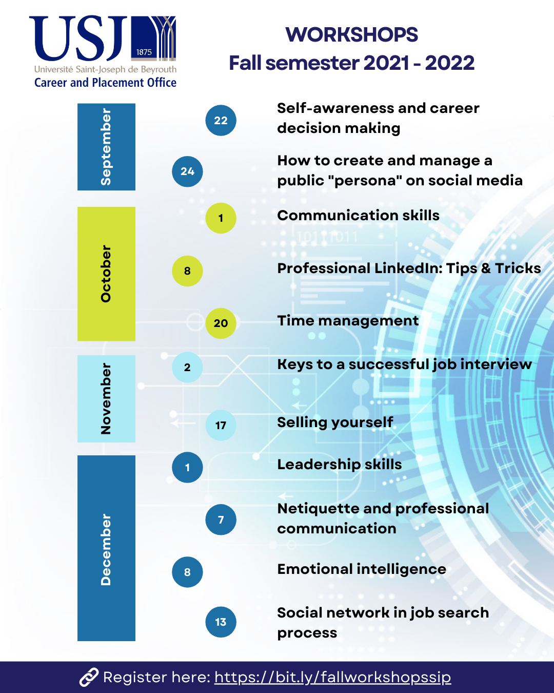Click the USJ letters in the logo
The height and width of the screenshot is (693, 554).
click(x=78, y=38)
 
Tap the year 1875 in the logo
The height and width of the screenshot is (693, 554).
click(x=144, y=52)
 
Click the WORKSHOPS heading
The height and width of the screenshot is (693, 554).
click(x=351, y=34)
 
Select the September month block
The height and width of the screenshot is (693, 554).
click(x=106, y=147)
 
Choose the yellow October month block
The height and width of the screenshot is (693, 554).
click(x=106, y=274)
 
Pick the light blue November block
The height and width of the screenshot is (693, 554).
click(x=106, y=399)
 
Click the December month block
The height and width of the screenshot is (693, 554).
click(x=106, y=548)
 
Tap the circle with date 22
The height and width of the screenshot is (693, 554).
click(x=221, y=121)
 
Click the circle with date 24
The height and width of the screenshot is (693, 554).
click(x=187, y=171)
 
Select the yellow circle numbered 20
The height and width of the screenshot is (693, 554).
click(x=221, y=323)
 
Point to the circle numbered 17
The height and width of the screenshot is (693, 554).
click(x=221, y=426)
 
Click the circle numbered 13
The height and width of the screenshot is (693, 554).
click(x=221, y=622)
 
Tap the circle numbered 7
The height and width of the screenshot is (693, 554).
click(x=221, y=519)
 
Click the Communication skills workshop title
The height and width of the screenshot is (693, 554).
click(x=358, y=216)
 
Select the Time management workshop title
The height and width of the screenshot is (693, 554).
click(x=348, y=321)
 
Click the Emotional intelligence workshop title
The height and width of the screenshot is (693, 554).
click(x=362, y=569)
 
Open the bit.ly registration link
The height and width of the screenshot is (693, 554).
click(x=333, y=677)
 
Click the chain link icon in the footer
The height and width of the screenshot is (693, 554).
click(x=89, y=677)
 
